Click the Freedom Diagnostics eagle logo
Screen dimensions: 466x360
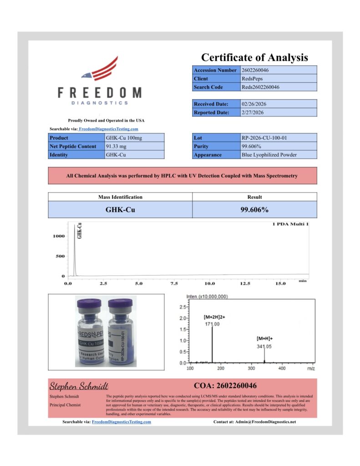tap(100, 68)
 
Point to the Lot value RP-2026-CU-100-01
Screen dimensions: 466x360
tap(264, 138)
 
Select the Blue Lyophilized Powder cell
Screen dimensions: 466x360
tap(269, 155)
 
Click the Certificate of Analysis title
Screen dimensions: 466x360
tap(254, 57)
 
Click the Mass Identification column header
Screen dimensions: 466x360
tap(120, 197)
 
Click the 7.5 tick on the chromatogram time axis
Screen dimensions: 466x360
tap(174, 284)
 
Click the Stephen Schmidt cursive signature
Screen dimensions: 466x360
tap(79, 386)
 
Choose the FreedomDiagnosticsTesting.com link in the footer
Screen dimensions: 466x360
tap(122, 422)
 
